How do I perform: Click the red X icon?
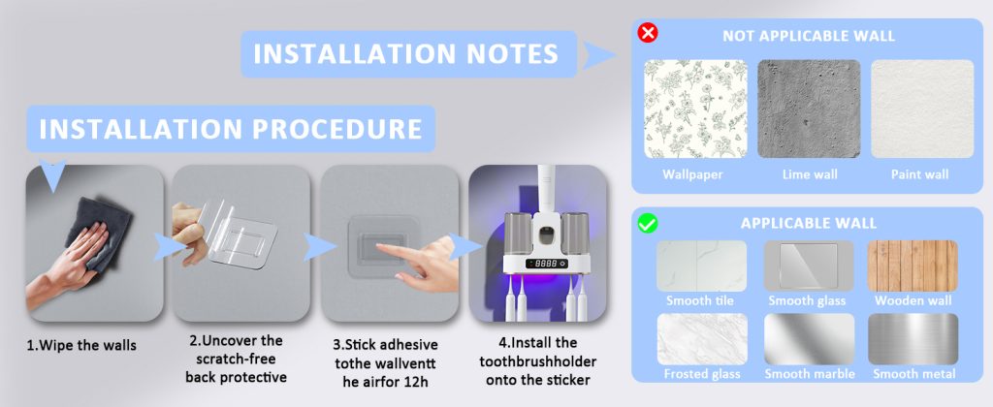[647, 32]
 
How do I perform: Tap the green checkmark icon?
[647, 223]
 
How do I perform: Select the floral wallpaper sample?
[695, 109]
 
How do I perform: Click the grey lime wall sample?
[809, 109]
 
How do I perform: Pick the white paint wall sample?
[922, 109]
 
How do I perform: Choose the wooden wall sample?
[913, 266]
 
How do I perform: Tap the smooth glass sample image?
[809, 266]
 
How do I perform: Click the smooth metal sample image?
[913, 339]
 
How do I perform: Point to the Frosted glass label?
[702, 374]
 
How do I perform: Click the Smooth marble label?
[810, 374]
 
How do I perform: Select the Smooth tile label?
[699, 300]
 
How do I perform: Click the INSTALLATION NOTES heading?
[406, 54]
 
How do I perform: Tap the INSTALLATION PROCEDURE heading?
[231, 129]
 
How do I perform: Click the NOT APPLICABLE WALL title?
[809, 36]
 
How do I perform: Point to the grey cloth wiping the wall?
[98, 233]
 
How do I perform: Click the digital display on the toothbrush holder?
[546, 263]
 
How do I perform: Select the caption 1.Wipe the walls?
[81, 346]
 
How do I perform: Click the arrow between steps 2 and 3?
[318, 247]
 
